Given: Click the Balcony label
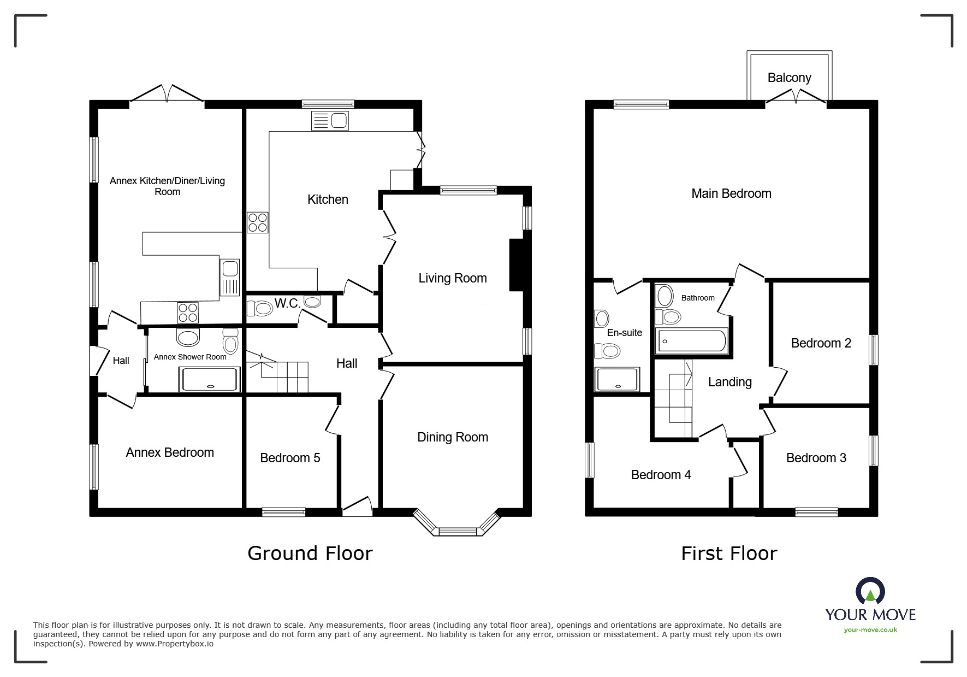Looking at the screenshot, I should pos(789,78).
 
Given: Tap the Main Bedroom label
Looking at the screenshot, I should pos(731,193).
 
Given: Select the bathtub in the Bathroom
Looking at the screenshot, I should pos(692,341).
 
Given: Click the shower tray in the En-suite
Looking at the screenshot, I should pos(618,380).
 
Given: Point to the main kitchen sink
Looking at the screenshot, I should pos(330,121).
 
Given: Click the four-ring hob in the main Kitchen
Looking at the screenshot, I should pos(258,222).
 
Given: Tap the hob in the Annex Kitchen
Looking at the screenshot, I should pos(187,313).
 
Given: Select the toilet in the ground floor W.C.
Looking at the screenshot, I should pos(260,309).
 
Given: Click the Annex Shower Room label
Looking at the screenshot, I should pos(189,357).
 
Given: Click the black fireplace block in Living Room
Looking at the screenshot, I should pos(515,264).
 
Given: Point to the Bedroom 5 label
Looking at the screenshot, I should pos(290,458).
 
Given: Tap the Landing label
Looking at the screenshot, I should pos(729,382).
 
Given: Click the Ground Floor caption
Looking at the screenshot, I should pos(310,553).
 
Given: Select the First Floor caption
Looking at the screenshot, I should pos(729,553).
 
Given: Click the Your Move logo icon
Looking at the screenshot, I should pos(870,591).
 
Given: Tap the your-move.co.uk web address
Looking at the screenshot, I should pos(870,629).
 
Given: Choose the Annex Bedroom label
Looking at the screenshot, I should pos(170,452).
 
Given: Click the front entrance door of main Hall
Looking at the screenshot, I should pos(357,508).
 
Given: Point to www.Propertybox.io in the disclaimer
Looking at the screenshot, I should pos(175,644).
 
